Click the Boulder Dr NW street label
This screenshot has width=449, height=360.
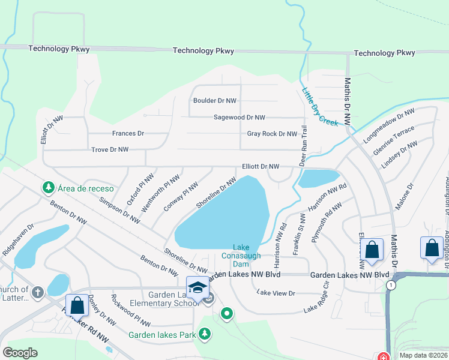[215, 101]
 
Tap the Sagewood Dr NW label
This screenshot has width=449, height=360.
[240, 118]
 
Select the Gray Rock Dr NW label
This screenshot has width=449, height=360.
[272, 134]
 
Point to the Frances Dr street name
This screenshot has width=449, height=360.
[128, 133]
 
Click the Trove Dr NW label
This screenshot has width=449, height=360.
[109, 149]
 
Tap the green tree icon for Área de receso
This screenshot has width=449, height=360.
[48, 188]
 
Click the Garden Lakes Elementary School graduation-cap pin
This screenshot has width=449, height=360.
[197, 288]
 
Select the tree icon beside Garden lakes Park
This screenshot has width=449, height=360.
[205, 334]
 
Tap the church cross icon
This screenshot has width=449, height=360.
[37, 293]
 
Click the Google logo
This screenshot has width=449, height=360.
[20, 353]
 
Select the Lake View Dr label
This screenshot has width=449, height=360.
[276, 293]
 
